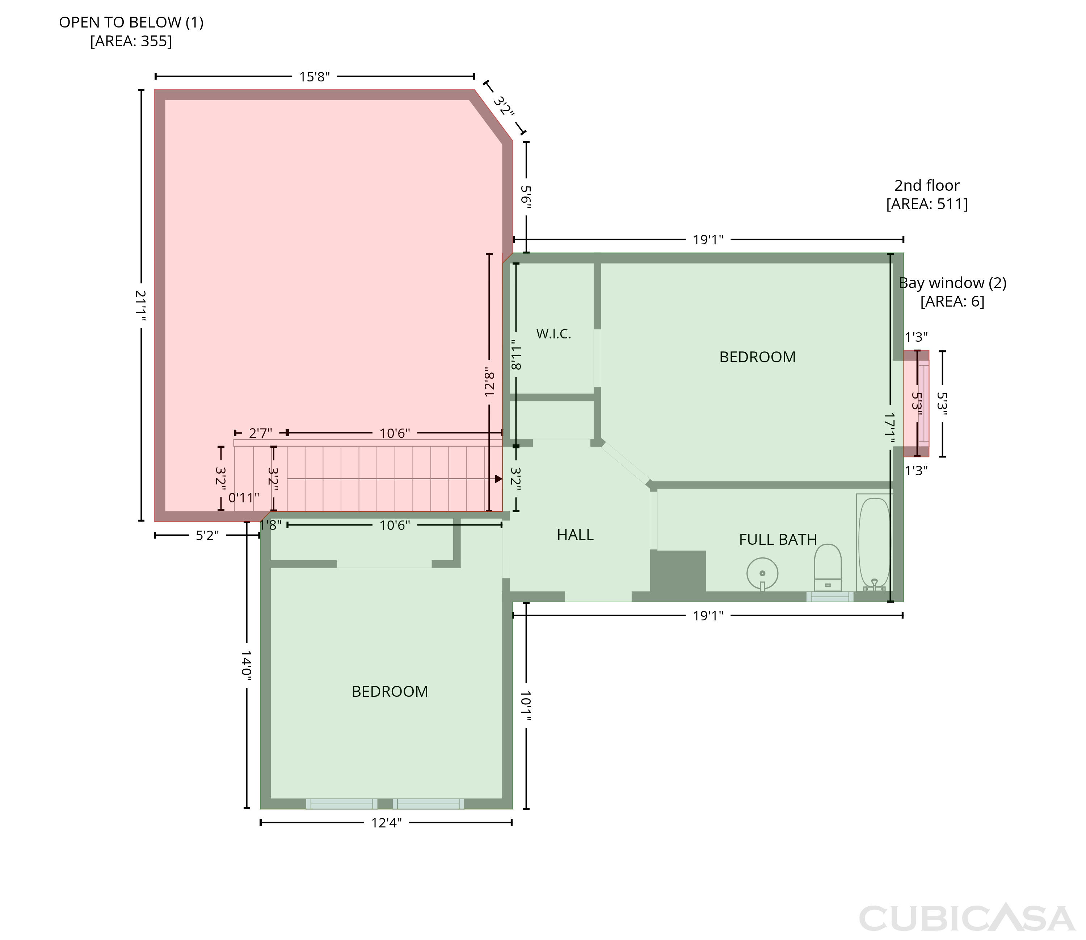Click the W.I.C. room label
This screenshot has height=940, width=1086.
[553, 334]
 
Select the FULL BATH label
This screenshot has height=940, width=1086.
[778, 540]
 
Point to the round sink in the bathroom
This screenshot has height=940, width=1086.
[762, 574]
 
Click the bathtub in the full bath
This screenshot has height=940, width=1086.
[874, 543]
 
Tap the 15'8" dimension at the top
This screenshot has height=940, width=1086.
[315, 77]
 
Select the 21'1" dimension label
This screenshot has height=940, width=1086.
[140, 306]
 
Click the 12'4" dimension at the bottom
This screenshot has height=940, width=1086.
[386, 823]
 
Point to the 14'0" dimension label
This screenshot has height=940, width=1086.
[247, 666]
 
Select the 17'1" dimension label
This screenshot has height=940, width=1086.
[890, 429]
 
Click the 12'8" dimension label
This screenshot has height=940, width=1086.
[489, 382]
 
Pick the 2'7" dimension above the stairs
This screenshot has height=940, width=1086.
[260, 433]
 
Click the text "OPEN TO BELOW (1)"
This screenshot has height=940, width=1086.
[131, 22]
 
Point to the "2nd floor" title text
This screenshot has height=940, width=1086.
[927, 186]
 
